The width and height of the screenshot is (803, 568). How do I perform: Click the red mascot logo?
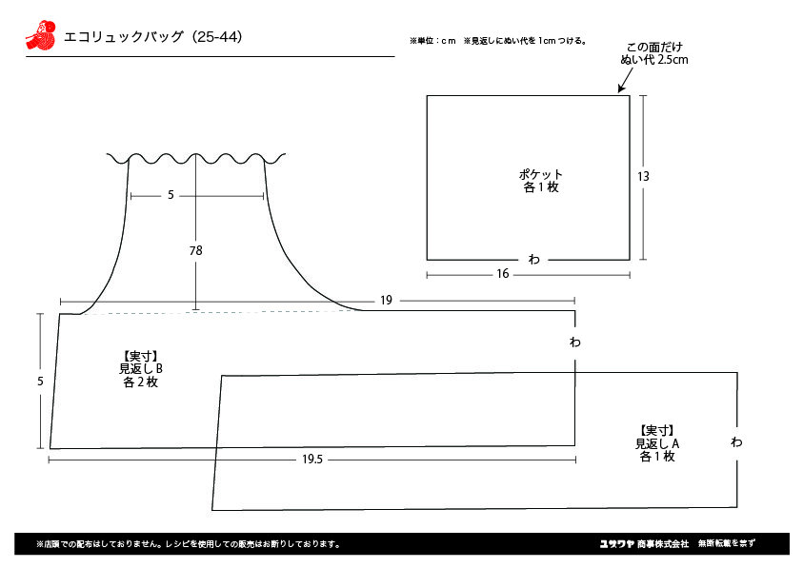(40, 35)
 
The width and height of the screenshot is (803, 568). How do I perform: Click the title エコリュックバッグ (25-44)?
(152, 37)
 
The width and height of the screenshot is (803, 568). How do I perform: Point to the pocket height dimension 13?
(643, 177)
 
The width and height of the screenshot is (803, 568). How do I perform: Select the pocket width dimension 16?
(502, 274)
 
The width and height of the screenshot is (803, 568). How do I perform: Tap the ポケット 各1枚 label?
(541, 181)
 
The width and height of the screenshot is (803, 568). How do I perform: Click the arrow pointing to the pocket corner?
(625, 80)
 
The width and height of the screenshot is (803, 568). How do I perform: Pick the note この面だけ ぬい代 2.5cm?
(654, 53)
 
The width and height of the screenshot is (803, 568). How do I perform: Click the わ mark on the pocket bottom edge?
(533, 260)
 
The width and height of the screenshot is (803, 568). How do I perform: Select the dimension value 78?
(195, 250)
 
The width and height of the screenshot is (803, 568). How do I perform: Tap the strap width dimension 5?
(171, 195)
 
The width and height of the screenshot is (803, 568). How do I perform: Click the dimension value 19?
(386, 301)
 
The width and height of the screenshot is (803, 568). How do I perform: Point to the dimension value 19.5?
(312, 460)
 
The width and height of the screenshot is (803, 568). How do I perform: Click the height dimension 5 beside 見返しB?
(40, 382)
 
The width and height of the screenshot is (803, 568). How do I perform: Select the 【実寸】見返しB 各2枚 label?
(141, 369)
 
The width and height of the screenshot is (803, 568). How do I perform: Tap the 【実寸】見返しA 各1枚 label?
(657, 443)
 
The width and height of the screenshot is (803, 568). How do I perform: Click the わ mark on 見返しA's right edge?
(736, 441)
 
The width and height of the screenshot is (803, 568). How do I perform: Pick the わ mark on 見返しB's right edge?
(575, 342)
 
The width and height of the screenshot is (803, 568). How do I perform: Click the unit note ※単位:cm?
(432, 41)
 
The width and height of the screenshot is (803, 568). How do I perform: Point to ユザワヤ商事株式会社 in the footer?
(644, 543)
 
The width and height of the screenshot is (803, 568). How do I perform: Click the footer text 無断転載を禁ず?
(726, 543)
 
